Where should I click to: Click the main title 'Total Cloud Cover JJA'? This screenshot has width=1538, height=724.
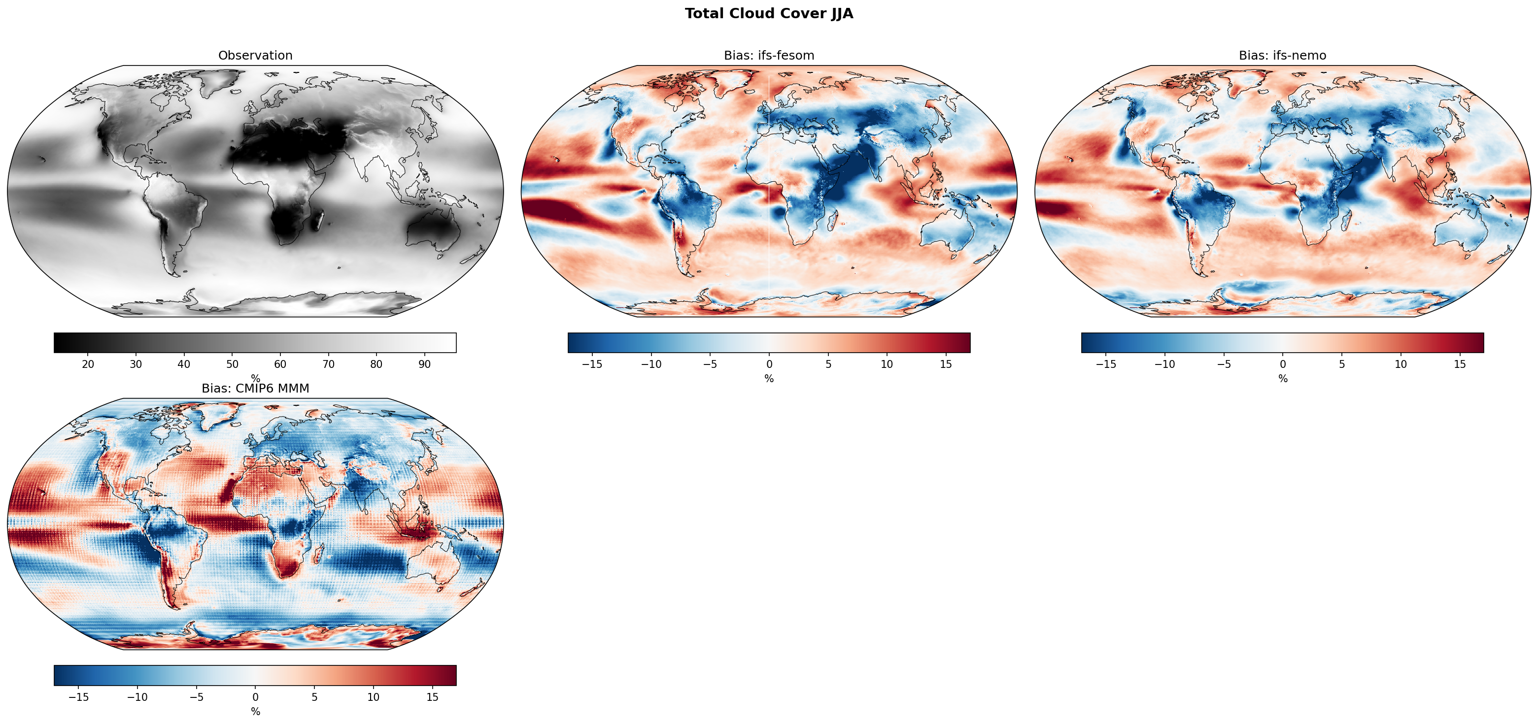click(768, 14)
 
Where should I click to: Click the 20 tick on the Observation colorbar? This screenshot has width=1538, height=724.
click(88, 364)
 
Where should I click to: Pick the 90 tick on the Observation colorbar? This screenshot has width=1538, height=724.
click(424, 364)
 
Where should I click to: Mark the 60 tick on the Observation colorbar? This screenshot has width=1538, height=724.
click(280, 364)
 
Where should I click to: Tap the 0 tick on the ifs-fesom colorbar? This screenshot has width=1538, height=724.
click(769, 364)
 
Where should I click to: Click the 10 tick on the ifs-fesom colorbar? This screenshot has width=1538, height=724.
click(887, 364)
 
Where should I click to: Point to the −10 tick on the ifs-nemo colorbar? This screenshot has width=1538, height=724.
click(1164, 364)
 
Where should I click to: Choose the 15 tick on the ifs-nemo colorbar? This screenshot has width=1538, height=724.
click(1460, 364)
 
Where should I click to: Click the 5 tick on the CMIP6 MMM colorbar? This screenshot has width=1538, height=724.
click(314, 697)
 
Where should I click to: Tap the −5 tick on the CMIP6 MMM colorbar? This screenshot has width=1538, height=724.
click(197, 697)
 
